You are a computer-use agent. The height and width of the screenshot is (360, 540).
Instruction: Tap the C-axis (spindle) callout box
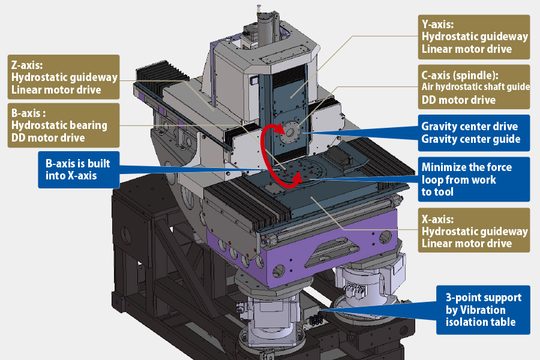475,87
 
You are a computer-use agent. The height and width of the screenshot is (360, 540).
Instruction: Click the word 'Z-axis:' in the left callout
29,65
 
